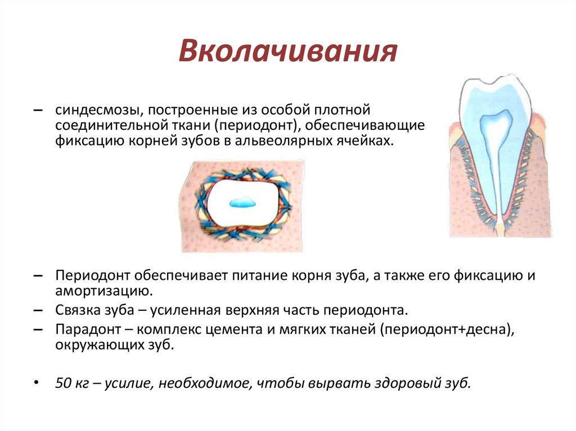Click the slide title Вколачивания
[287, 52]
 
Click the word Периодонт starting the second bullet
[93, 276]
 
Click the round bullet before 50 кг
[36, 383]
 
